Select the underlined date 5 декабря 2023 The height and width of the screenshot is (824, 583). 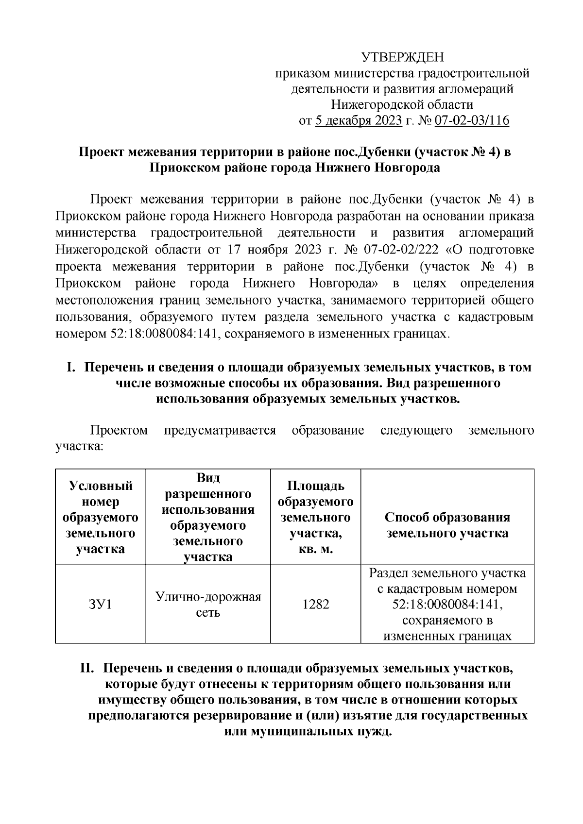(359, 120)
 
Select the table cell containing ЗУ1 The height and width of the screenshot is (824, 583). (101, 605)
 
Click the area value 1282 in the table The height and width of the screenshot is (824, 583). (316, 605)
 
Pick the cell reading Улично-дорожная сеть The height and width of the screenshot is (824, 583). (208, 605)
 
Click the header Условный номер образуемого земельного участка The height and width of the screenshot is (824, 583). (101, 517)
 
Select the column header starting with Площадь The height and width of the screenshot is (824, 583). (316, 517)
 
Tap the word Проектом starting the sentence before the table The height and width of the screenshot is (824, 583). (119, 431)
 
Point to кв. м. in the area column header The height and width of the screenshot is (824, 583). (316, 549)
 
